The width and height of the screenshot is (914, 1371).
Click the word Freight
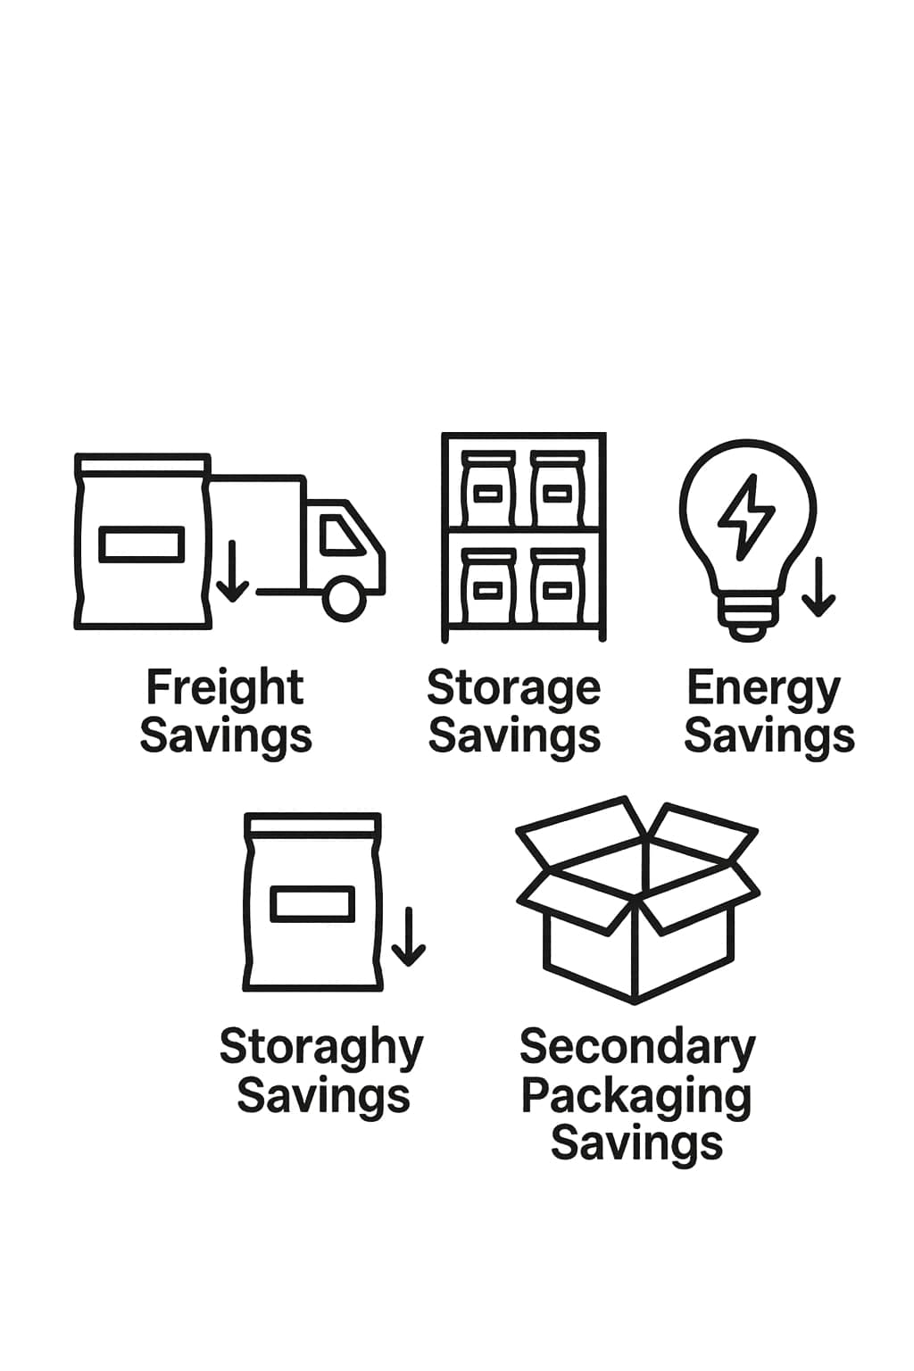[x=225, y=688]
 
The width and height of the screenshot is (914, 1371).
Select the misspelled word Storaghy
[x=321, y=1048]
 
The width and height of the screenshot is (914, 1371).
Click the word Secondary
[x=637, y=1048]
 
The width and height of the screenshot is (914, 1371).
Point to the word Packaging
[x=636, y=1097]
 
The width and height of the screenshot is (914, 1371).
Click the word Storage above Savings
[x=513, y=689]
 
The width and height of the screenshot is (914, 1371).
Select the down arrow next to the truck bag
[x=233, y=570]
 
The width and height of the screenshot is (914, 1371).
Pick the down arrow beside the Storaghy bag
[x=408, y=936]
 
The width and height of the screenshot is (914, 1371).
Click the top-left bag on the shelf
[x=487, y=489]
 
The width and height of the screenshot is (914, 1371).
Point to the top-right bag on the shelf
[x=558, y=489]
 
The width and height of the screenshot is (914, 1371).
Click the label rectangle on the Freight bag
[x=143, y=544]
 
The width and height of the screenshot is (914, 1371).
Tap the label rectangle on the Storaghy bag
[x=312, y=903]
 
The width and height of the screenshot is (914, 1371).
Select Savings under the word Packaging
[x=636, y=1144]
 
